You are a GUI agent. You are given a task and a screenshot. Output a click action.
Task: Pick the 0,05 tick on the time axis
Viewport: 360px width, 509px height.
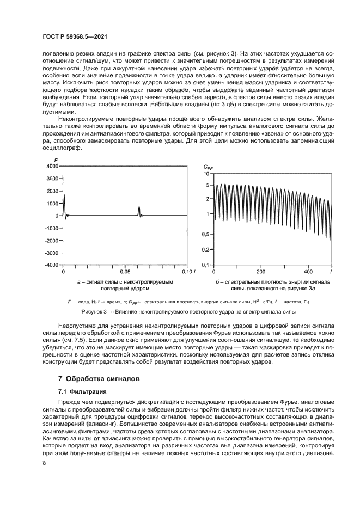point(125,271)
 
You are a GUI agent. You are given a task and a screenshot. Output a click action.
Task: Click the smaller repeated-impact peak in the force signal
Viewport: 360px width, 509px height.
point(139,207)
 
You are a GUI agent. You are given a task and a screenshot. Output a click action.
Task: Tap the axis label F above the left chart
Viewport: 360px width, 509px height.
point(56,160)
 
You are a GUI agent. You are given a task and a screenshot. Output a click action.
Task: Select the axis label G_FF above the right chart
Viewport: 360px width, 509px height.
point(208,166)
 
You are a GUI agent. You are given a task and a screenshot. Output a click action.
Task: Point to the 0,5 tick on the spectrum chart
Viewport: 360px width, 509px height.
point(205,234)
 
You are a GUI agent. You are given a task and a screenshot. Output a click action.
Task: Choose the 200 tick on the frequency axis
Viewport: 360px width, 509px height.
point(261,271)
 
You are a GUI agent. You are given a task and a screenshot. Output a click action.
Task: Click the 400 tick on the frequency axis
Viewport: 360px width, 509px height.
point(308,271)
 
